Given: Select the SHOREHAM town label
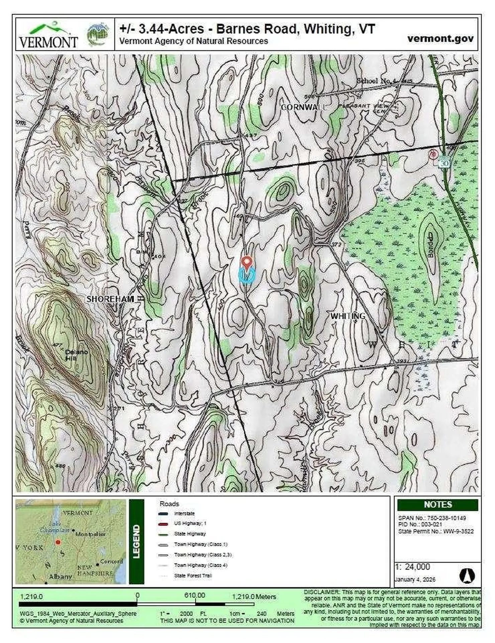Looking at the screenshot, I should pos(110,299).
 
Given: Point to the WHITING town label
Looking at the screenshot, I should pos(348,316).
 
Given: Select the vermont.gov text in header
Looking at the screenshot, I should pos(440,39).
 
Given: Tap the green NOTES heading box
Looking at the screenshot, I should pos(437,504).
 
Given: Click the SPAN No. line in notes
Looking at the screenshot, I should pos(432,518).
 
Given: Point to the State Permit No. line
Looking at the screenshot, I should pos(436,531).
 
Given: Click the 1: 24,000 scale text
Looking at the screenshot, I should pos(412,567).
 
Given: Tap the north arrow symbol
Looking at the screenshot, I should pos(467,576).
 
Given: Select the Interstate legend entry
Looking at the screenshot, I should pos(184,513).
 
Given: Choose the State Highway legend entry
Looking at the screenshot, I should pos(190,534).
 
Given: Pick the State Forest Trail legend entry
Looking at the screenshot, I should pos(193,576).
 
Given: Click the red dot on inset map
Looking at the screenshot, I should pos(58,542).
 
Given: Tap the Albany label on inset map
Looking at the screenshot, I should pos(60,577).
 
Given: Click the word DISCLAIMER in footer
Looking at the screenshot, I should pos(321,592).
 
